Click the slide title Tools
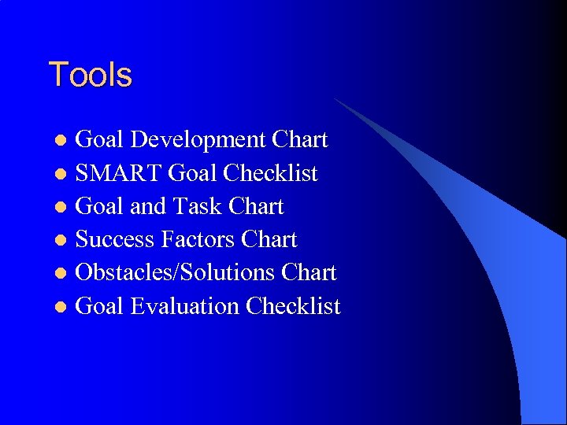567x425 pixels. click(x=90, y=76)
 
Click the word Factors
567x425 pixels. click(x=198, y=239)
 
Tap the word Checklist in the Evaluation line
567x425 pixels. click(x=293, y=305)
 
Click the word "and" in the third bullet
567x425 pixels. click(x=147, y=206)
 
